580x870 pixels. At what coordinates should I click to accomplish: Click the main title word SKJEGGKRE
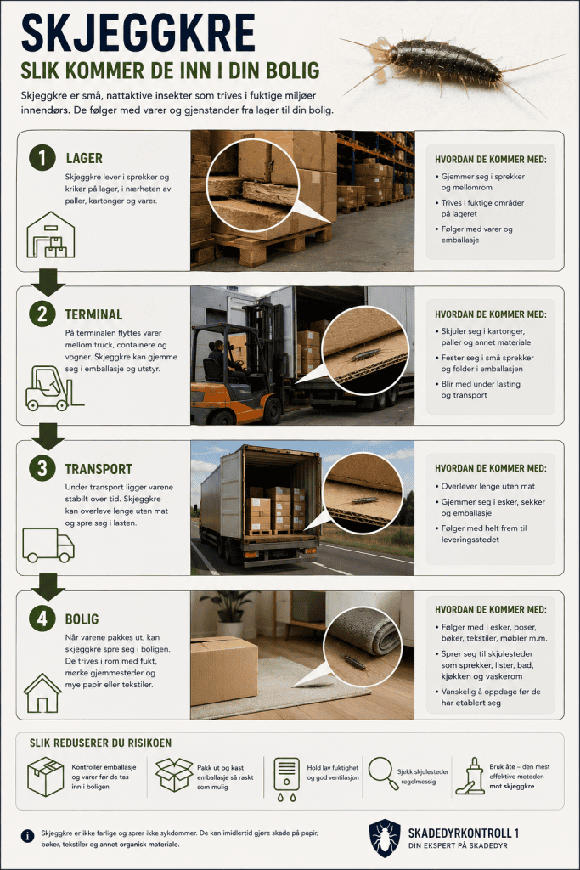pos(138,32)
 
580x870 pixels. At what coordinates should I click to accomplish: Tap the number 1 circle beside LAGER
pos(42,157)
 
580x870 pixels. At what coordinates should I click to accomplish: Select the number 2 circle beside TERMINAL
pos(42,314)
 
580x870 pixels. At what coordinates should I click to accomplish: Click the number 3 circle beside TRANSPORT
pos(42,468)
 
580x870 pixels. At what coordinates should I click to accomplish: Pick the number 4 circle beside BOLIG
pos(42,619)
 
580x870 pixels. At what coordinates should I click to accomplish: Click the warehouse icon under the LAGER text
pos(50,234)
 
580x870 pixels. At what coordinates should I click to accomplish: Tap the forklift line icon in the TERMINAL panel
pos(53,387)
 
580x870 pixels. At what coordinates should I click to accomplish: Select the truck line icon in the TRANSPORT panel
pos(48,545)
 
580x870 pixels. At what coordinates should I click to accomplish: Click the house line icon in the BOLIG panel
pos(42,692)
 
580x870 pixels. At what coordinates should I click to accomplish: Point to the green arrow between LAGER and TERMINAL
pos(48,282)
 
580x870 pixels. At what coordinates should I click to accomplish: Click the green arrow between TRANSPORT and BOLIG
pos(48,587)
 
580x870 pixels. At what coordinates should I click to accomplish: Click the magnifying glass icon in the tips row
pos(383,773)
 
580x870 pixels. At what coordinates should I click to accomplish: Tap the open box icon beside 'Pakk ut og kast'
pos(173,775)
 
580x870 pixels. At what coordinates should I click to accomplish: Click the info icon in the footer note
pos(26,836)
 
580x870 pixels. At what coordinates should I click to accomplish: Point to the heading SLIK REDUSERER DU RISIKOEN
pos(100,743)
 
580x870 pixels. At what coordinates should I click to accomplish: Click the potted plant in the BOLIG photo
pos(229,613)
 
